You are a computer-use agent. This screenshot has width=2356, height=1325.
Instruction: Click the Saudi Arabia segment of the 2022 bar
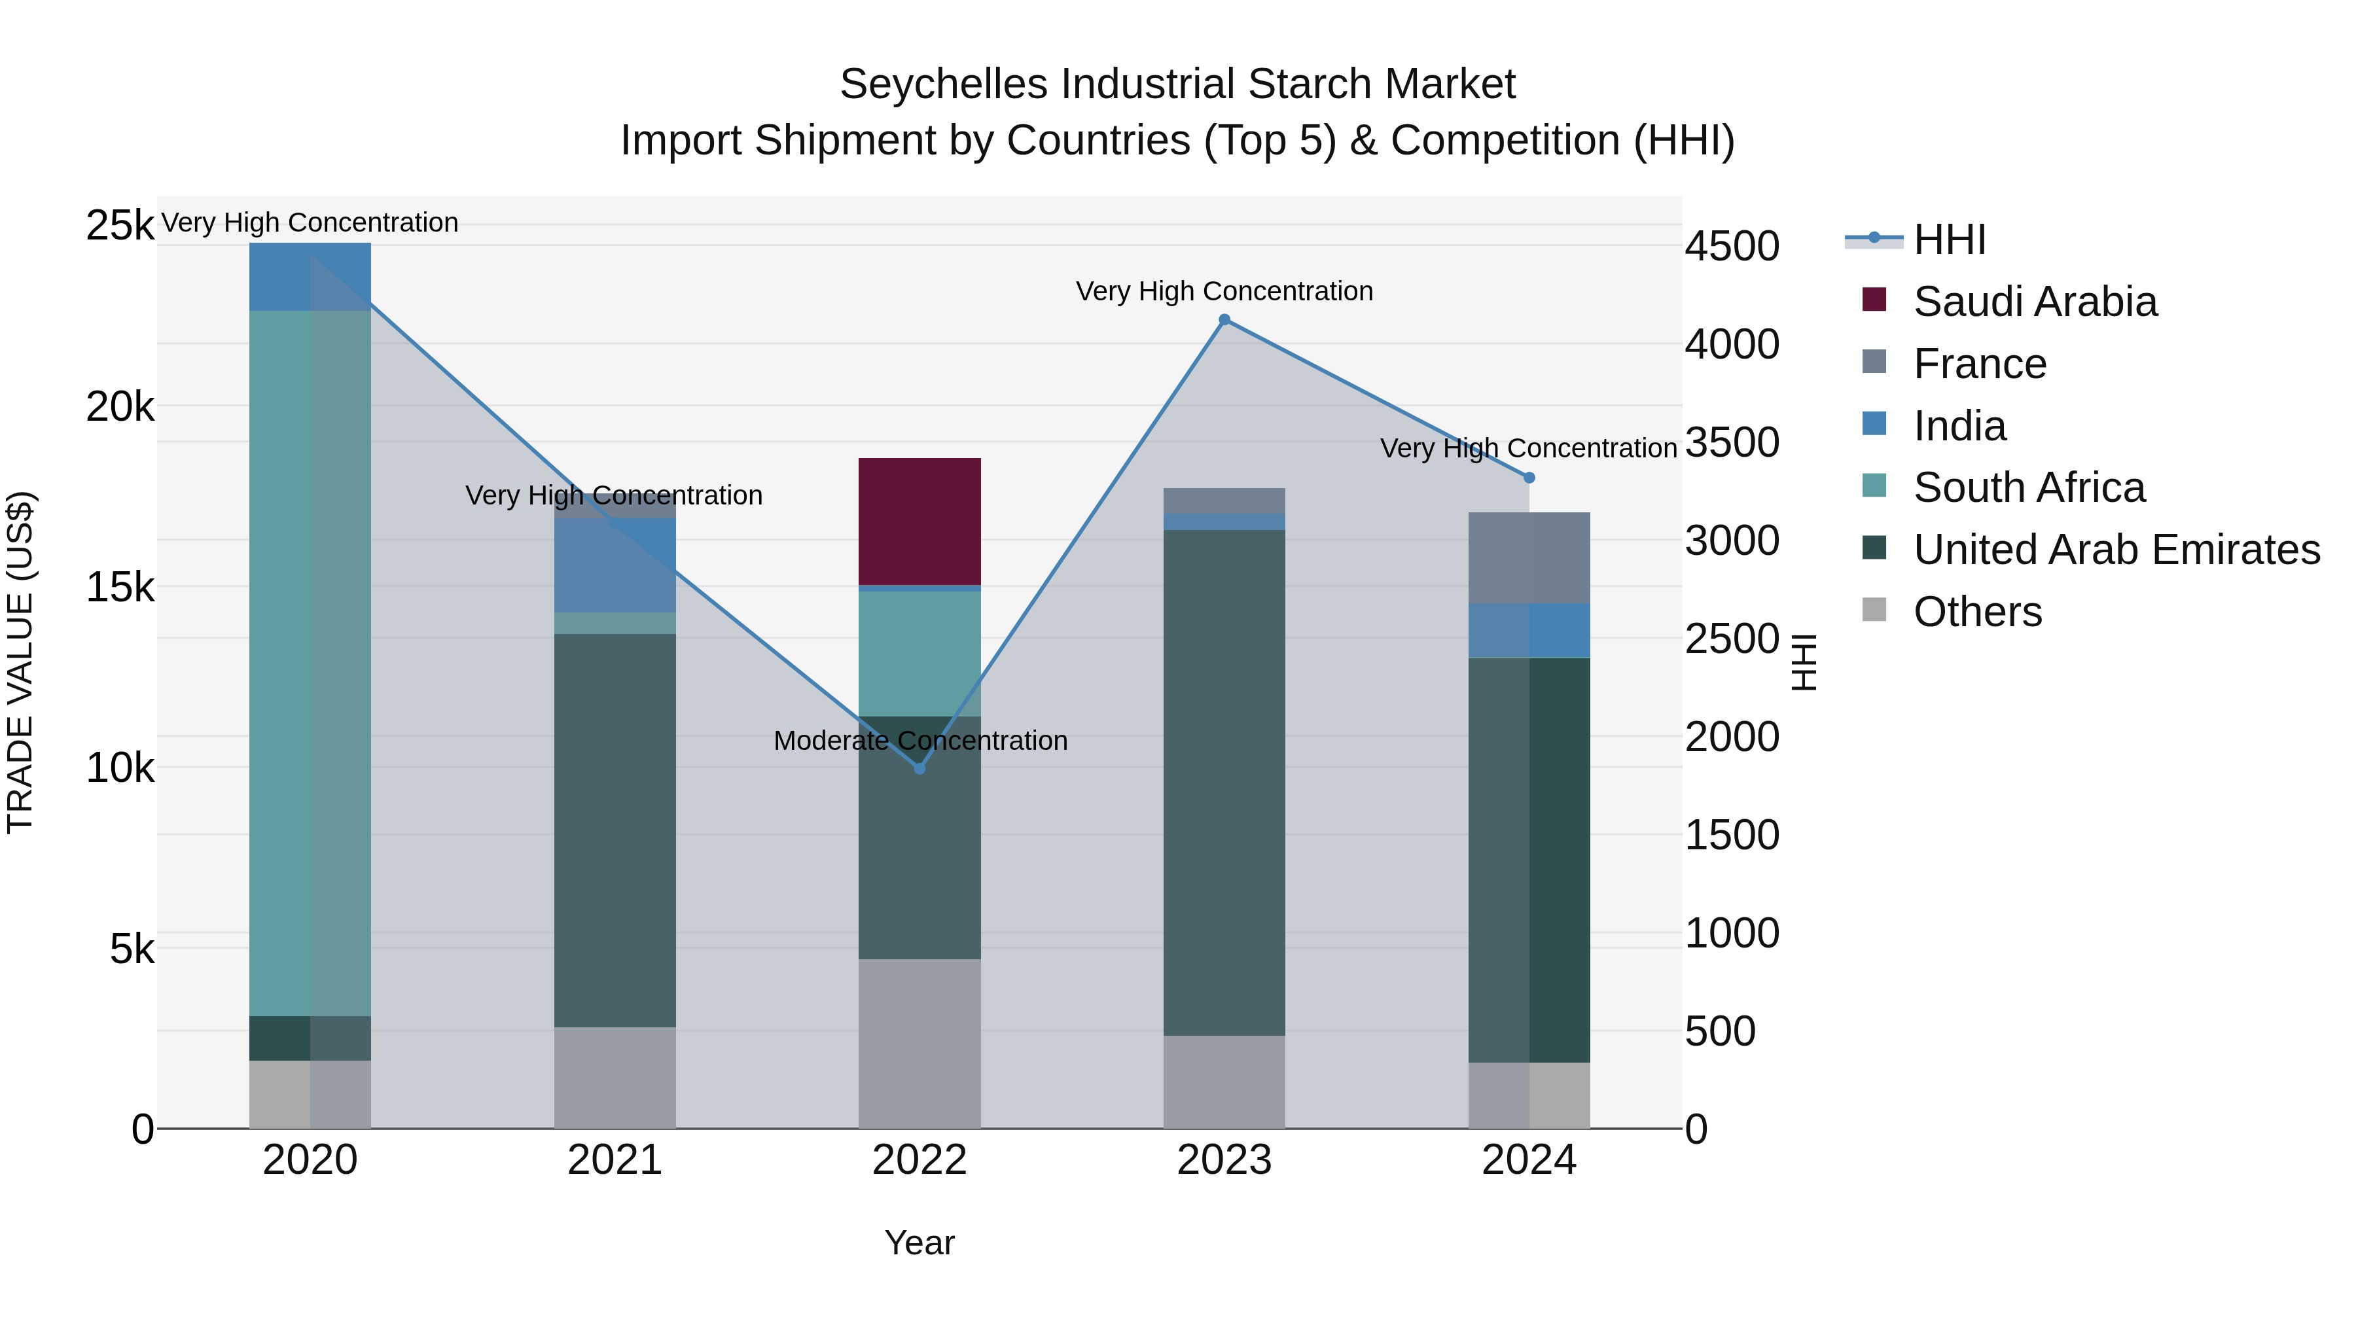click(x=919, y=521)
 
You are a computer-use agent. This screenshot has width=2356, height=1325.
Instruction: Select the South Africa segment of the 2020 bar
click(x=310, y=663)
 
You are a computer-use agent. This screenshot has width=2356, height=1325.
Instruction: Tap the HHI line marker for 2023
click(x=1224, y=319)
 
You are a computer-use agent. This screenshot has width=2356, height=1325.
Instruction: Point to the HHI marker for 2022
click(x=920, y=769)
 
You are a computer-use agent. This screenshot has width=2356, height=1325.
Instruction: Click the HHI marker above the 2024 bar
click(x=1529, y=478)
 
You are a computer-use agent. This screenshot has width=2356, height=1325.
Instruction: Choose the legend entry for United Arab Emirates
click(x=2116, y=550)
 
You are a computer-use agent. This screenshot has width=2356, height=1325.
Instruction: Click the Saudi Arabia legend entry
click(x=2034, y=302)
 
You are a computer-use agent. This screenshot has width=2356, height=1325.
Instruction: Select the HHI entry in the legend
click(x=1949, y=239)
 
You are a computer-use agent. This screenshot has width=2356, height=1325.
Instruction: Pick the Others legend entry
click(x=1976, y=612)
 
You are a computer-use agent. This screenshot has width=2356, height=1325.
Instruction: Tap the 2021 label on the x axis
click(x=615, y=1160)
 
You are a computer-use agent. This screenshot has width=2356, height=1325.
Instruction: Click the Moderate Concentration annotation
click(x=920, y=740)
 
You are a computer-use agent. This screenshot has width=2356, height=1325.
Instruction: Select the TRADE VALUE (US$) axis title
click(x=20, y=662)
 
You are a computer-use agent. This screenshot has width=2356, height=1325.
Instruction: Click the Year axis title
click(x=919, y=1243)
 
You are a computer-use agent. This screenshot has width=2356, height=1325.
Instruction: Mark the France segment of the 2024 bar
click(x=1529, y=557)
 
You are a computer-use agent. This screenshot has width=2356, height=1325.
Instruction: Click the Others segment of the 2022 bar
click(x=919, y=1042)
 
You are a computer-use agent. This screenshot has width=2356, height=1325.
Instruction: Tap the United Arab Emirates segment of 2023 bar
click(x=1224, y=782)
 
